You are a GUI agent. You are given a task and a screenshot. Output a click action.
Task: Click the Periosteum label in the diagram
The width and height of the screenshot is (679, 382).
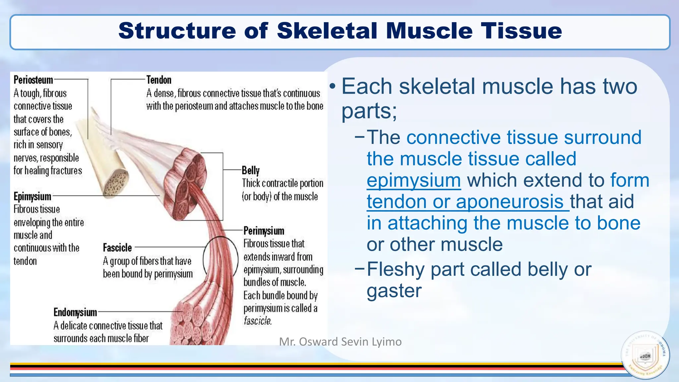(x=33, y=80)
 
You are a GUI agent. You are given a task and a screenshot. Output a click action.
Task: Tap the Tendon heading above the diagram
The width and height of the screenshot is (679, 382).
(x=159, y=80)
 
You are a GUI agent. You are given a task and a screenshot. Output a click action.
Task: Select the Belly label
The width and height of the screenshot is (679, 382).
(x=250, y=170)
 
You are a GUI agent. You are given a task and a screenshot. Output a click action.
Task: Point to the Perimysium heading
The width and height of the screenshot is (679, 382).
(x=264, y=231)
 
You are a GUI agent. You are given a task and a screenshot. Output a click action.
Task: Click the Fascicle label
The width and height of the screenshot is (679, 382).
(x=117, y=248)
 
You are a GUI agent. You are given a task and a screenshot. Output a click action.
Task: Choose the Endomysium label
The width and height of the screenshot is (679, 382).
(x=75, y=312)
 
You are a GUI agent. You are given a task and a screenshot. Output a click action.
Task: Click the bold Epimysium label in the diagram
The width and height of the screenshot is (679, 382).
(x=32, y=197)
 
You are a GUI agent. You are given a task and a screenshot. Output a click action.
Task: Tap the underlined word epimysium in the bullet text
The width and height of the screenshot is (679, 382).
(x=413, y=180)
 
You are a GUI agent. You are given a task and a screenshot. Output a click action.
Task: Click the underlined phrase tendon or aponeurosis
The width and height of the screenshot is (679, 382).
(x=467, y=202)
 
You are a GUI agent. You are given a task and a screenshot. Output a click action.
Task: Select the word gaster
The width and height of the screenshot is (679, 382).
(x=394, y=291)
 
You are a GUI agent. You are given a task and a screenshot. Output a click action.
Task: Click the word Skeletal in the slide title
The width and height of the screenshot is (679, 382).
(x=327, y=31)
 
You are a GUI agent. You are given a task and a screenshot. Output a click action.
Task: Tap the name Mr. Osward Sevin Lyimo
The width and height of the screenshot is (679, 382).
(x=340, y=342)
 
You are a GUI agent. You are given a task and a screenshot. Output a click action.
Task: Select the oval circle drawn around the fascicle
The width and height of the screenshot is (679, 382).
(x=220, y=259)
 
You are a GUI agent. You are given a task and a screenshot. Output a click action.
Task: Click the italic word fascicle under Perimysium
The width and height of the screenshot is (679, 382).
(x=258, y=321)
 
